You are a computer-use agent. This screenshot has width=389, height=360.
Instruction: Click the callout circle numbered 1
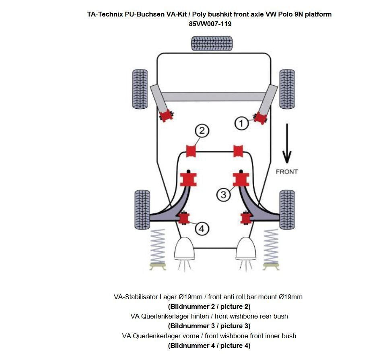pyautogui.click(x=241, y=123)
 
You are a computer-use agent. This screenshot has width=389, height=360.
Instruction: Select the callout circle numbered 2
pyautogui.click(x=202, y=130)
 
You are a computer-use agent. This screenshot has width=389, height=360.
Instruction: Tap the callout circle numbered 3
pyautogui.click(x=224, y=195)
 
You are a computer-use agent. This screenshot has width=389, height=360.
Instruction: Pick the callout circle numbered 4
pyautogui.click(x=202, y=229)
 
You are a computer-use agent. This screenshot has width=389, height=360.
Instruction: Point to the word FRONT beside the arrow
pyautogui.click(x=286, y=172)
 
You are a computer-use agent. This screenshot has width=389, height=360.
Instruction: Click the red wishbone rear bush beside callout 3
pyautogui.click(x=241, y=179)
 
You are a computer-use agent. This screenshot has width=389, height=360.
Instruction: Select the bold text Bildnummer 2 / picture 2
pyautogui.click(x=209, y=306)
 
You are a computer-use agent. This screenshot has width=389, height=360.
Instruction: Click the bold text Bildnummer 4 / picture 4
pyautogui.click(x=209, y=346)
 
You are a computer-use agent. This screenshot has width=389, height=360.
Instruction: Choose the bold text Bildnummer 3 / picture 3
pyautogui.click(x=209, y=326)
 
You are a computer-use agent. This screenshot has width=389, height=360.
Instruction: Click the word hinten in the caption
pyautogui.click(x=195, y=316)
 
